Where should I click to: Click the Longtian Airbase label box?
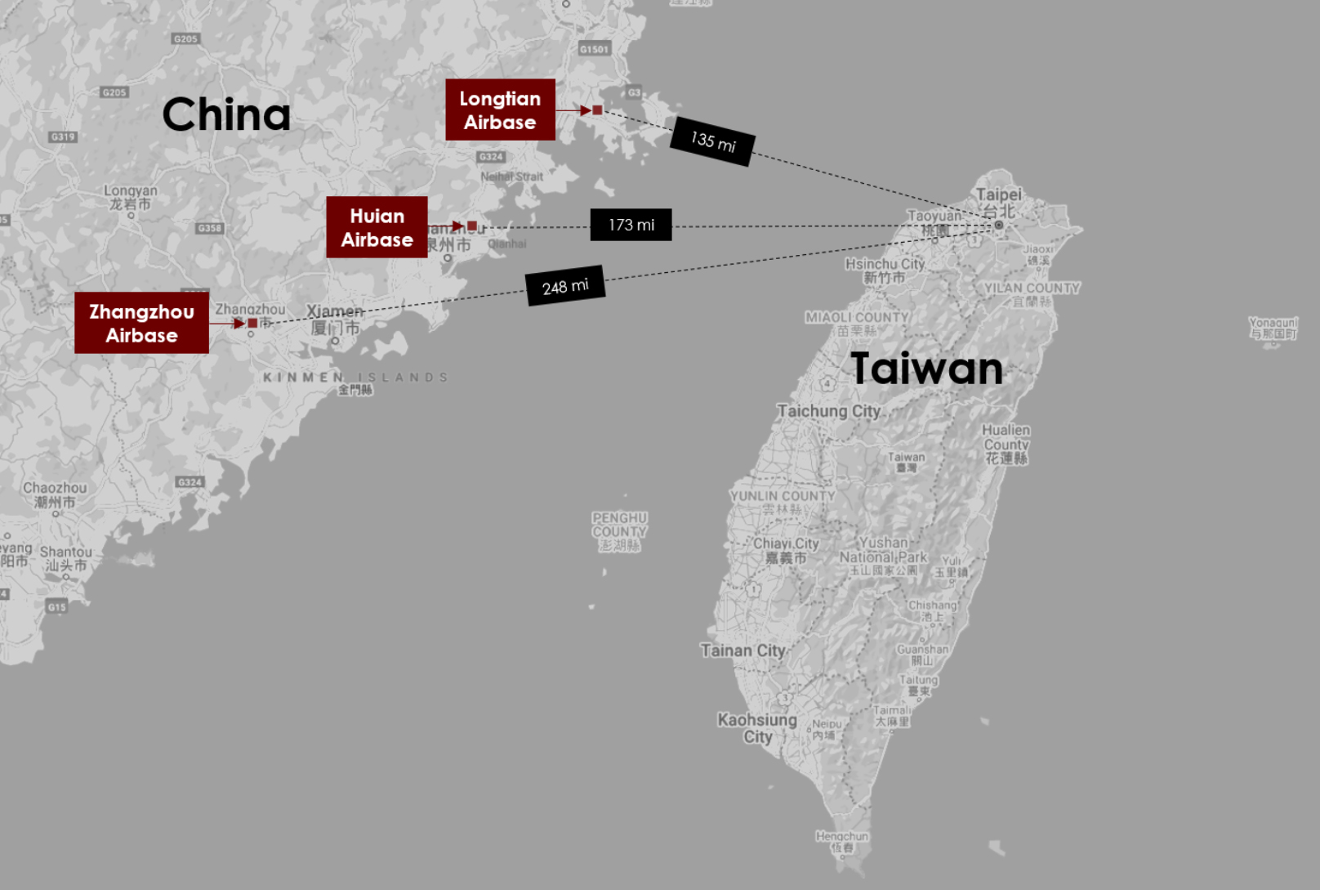500,110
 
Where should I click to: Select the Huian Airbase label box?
377,227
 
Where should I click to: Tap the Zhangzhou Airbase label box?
141,323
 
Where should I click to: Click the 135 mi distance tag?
712,141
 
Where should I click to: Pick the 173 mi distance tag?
631,225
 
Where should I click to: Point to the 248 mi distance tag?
565,286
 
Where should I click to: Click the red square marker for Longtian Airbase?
597,110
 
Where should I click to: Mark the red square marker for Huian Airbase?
472,226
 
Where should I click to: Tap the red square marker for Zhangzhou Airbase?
252,324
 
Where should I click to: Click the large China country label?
226,114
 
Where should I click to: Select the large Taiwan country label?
926,369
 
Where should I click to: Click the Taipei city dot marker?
998,225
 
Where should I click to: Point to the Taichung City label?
828,411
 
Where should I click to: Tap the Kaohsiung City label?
757,727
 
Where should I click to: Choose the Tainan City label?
742,651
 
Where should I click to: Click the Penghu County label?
619,531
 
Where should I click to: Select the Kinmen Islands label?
355,378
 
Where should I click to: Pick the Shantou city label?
66,558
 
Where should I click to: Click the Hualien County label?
1006,444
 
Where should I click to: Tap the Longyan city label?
131,197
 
